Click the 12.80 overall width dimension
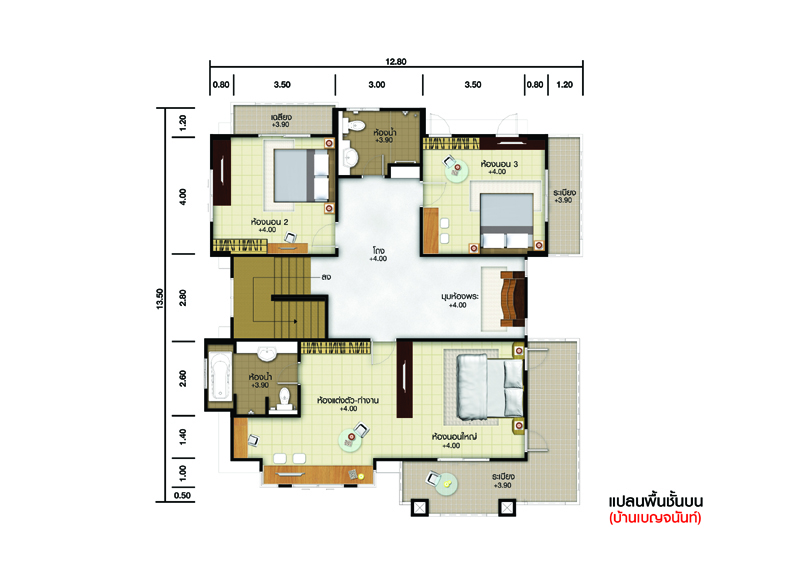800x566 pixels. point(396,62)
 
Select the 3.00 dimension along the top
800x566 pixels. point(377,85)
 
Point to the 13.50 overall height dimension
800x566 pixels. point(160,299)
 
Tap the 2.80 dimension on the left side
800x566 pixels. point(183,298)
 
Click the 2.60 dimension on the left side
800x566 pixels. point(183,378)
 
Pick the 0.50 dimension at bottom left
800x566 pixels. point(182,496)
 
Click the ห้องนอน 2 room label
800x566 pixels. point(269,222)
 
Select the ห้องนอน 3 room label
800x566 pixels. point(499,164)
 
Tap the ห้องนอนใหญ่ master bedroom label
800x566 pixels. point(454,437)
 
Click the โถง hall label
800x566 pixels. point(379,251)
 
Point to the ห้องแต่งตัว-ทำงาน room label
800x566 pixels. point(348,401)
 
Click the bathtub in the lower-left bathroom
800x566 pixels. point(220,375)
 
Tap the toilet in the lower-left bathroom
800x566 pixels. point(284,398)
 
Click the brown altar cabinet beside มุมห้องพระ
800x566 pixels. point(513,299)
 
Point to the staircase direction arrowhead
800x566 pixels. point(295,322)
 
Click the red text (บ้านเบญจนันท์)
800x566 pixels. point(655,518)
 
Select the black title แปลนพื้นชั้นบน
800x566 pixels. point(656,501)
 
